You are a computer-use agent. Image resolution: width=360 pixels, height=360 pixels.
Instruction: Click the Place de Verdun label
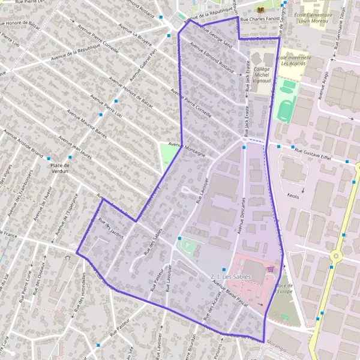[x=60, y=168]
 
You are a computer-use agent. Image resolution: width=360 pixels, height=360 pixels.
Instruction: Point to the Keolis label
[x=293, y=196]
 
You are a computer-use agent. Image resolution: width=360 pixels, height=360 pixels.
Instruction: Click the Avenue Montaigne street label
[x=187, y=150]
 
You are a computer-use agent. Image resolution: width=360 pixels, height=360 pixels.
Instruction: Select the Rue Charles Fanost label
[x=260, y=20]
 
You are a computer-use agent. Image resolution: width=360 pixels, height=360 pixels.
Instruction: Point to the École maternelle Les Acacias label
[x=294, y=62]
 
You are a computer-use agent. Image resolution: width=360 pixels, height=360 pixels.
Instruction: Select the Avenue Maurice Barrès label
[x=86, y=124]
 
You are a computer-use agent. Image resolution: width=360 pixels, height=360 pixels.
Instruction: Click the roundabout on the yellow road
[x=336, y=256]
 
